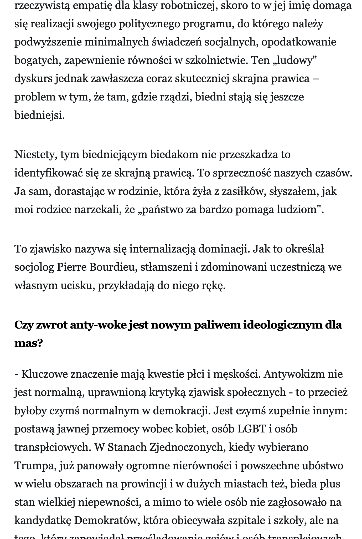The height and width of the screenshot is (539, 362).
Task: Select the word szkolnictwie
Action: pos(216,61)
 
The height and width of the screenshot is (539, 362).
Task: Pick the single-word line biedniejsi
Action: pos(39,115)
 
